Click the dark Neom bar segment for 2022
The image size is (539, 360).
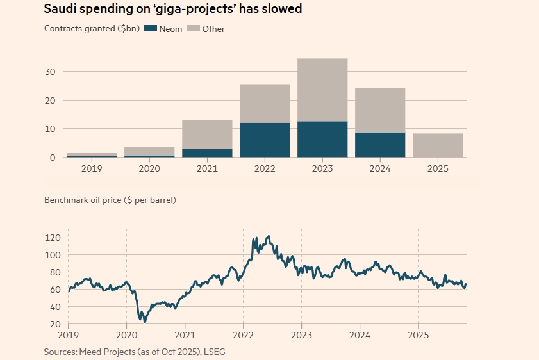coord(265,140)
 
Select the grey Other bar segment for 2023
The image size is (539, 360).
coord(322,90)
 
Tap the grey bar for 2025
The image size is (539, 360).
coord(438,145)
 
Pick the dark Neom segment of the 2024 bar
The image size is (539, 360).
coord(380,145)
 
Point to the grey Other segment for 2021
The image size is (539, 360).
coord(207,135)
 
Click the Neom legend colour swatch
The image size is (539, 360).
coord(151,29)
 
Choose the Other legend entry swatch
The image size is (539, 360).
coord(195,29)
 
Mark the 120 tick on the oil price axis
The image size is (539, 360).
coord(53,238)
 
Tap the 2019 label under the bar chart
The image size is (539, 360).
coord(92,169)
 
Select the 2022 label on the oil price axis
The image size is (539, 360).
coord(244,335)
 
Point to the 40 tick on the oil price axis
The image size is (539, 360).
coord(55,307)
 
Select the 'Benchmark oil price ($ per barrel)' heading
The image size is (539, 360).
coord(110,200)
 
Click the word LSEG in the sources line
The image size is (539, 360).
coord(213,352)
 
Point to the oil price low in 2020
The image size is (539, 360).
coord(145,322)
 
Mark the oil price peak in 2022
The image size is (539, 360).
coord(268,236)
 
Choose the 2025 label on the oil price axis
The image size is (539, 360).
coord(419,335)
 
